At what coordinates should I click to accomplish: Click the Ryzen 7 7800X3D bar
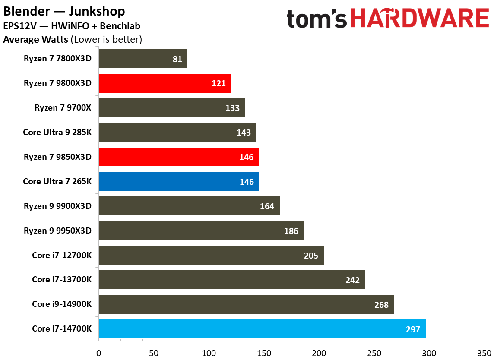pyautogui.click(x=142, y=59)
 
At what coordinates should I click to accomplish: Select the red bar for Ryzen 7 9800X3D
pyautogui.click(x=165, y=83)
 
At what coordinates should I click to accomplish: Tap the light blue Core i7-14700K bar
pyautogui.click(x=262, y=329)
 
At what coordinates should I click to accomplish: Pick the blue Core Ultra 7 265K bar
pyautogui.click(x=179, y=182)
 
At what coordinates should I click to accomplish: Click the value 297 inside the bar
pyautogui.click(x=413, y=329)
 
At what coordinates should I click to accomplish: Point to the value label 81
pyautogui.click(x=177, y=59)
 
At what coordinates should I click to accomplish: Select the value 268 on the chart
pyautogui.click(x=381, y=305)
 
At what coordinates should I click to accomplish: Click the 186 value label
pyautogui.click(x=291, y=231)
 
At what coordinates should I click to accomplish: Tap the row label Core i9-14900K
pyautogui.click(x=62, y=304)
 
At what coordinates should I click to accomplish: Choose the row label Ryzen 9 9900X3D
pyautogui.click(x=58, y=206)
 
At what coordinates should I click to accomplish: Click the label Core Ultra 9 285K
pyautogui.click(x=57, y=132)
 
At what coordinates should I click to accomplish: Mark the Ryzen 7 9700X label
pyautogui.click(x=63, y=108)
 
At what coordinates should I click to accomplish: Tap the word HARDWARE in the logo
pyautogui.click(x=419, y=20)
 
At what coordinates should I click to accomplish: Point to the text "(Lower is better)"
pyautogui.click(x=106, y=40)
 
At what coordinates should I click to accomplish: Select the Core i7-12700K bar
pyautogui.click(x=211, y=256)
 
